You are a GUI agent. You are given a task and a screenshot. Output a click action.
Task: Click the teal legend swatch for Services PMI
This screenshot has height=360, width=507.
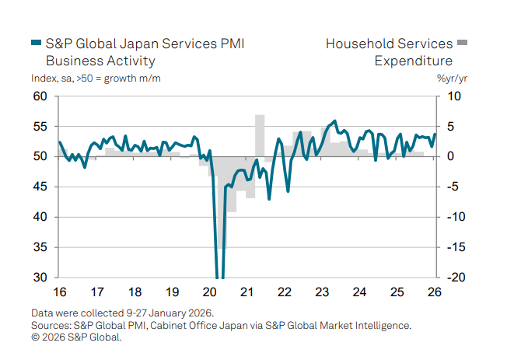point(36,44)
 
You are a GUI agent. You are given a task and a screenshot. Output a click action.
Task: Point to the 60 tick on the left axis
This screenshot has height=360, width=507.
point(40,96)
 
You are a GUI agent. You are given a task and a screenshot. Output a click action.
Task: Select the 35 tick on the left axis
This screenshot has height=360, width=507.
point(40,247)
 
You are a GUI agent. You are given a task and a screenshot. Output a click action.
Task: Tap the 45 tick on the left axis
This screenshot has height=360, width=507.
point(40,187)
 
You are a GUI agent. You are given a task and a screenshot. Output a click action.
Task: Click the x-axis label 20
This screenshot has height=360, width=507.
point(210,292)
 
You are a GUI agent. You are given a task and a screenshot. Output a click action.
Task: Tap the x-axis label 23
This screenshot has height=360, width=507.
point(323,292)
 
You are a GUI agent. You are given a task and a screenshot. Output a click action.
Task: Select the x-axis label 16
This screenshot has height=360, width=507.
point(59,292)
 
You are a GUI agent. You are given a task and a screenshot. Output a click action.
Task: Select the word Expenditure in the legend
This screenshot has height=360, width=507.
point(414,61)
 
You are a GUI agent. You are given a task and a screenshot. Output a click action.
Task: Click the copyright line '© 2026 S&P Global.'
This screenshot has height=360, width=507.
point(77,337)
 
